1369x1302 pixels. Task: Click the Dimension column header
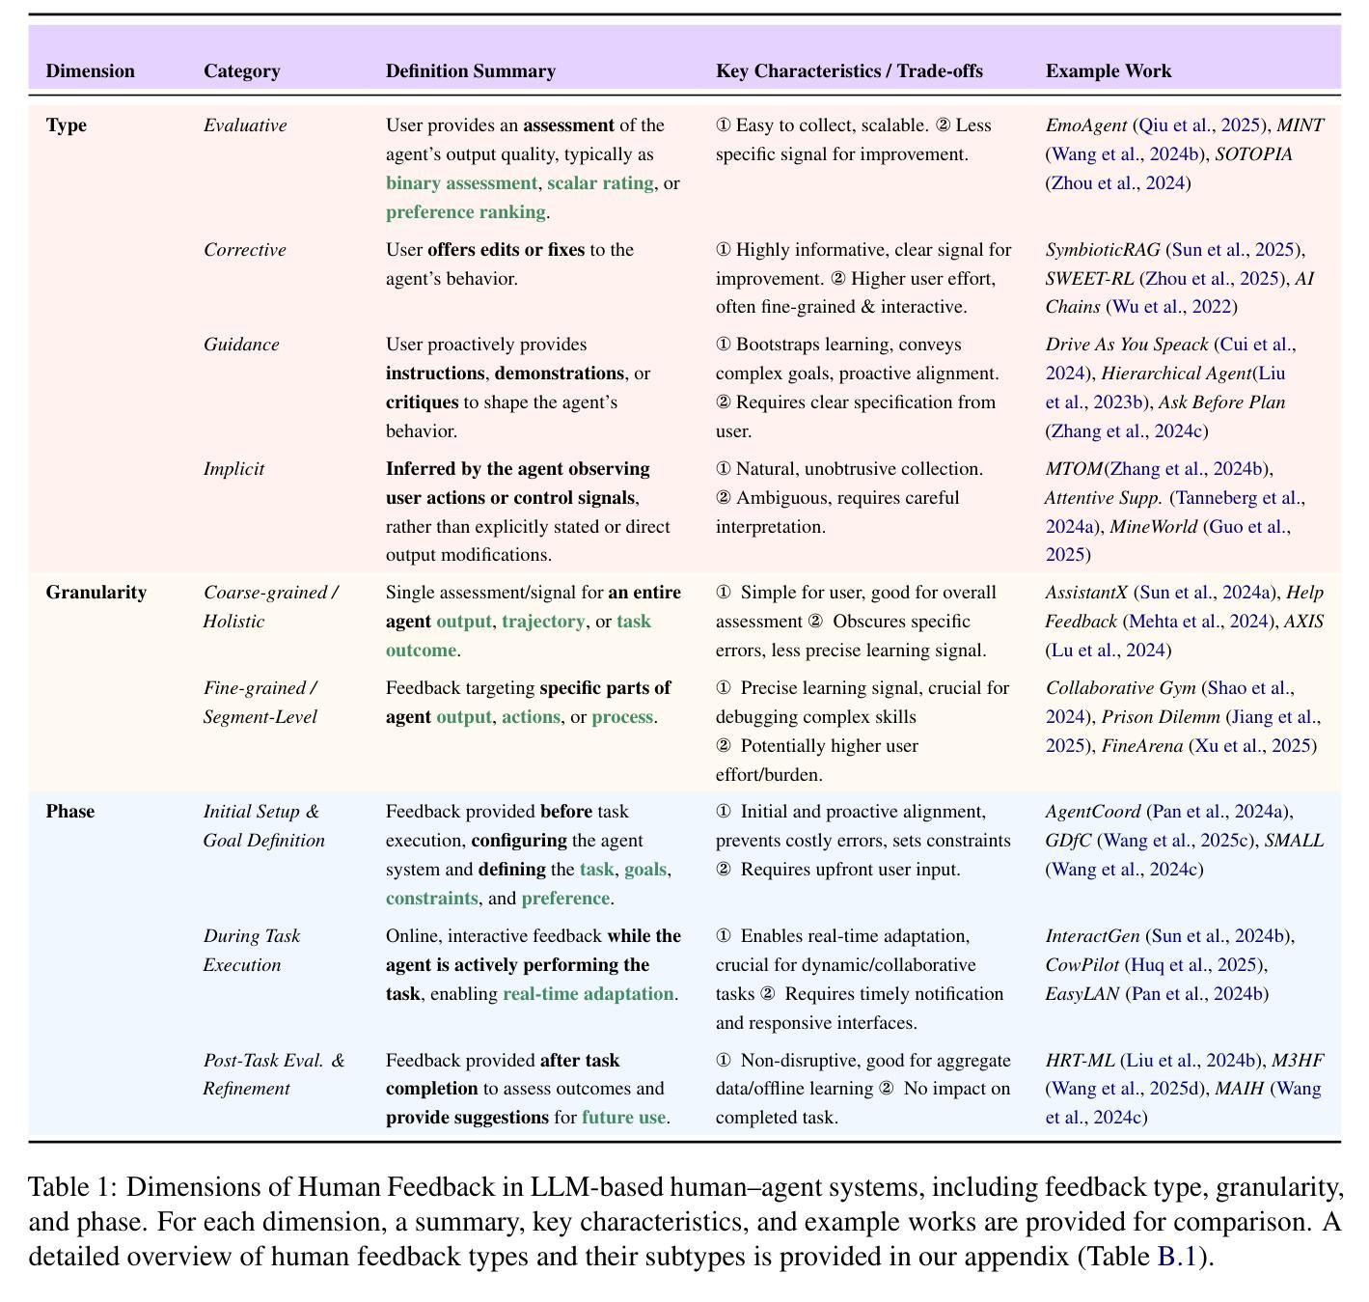point(90,71)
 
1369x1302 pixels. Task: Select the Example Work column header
point(1108,71)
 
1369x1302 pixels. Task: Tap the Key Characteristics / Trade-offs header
point(849,71)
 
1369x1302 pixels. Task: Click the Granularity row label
point(96,593)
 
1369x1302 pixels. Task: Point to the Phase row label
point(70,811)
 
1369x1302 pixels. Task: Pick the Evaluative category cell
point(245,125)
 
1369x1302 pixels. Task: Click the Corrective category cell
point(244,249)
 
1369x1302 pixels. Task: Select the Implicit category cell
point(234,469)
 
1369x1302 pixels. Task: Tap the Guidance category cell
point(241,345)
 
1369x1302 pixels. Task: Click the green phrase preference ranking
point(466,211)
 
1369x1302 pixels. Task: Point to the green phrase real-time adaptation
point(589,993)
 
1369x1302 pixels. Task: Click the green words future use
point(624,1118)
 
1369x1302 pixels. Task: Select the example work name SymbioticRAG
point(1103,250)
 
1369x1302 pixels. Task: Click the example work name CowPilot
point(1082,965)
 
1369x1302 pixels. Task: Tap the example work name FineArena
point(1142,746)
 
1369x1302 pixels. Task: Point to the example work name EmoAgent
point(1085,125)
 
